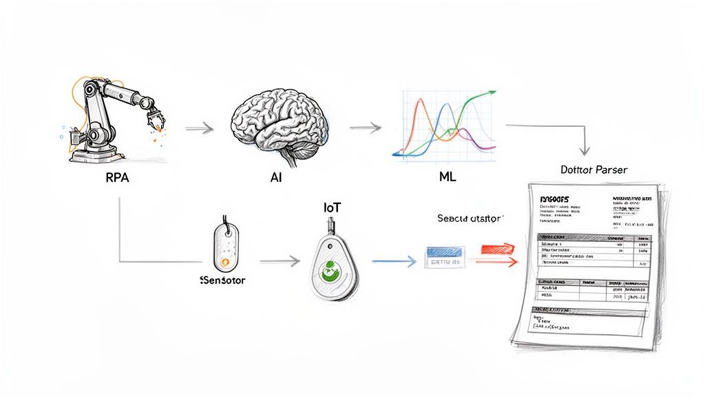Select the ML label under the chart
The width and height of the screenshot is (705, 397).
447,177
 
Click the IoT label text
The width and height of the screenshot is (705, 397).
333,206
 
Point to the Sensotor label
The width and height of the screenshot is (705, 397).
222,281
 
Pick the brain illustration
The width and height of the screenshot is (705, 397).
279,123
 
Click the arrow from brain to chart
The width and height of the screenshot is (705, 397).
365,128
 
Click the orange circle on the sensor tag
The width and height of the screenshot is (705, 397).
224,262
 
